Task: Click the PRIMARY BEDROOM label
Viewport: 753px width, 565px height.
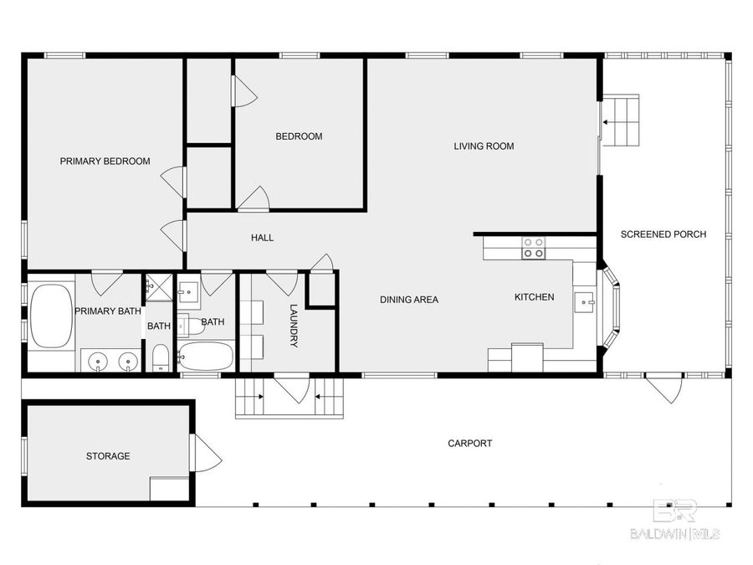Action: [x=105, y=161]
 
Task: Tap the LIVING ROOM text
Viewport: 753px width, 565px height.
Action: [x=484, y=146]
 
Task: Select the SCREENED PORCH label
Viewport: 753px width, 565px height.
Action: [x=663, y=234]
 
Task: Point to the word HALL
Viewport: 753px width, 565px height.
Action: [x=262, y=238]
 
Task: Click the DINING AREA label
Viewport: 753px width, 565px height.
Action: [x=408, y=299]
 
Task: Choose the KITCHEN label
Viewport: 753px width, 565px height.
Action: [x=534, y=296]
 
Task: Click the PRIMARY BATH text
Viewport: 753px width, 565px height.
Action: [x=108, y=311]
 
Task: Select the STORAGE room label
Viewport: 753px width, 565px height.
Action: [x=108, y=456]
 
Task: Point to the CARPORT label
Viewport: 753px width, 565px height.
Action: [x=469, y=443]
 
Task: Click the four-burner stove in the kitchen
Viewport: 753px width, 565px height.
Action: [x=533, y=248]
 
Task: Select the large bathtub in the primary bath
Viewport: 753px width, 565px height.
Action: [x=51, y=316]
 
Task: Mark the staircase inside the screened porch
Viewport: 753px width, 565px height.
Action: [x=622, y=121]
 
